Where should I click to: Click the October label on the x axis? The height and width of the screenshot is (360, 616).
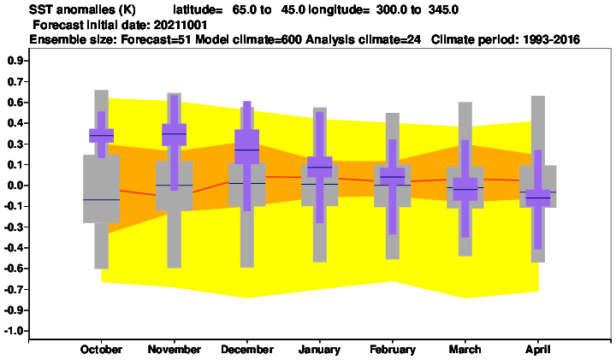tap(101, 350)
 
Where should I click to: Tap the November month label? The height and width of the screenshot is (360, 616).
tap(174, 350)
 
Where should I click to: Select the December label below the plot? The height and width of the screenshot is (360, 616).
tap(247, 350)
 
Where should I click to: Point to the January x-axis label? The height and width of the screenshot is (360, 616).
tap(319, 350)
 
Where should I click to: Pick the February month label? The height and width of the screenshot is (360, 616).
tap(393, 350)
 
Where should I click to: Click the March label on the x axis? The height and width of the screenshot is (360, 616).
tap(465, 350)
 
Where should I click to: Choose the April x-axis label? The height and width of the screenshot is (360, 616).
tap(538, 350)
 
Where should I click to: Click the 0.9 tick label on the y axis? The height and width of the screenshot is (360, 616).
tap(15, 61)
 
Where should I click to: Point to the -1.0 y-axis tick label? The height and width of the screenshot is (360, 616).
tap(15, 331)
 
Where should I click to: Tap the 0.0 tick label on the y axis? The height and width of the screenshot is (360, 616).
tap(15, 186)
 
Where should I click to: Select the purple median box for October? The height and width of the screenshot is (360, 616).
tap(101, 135)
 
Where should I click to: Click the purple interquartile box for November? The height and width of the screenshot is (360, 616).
tap(174, 134)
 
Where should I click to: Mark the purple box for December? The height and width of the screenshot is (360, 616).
tap(246, 146)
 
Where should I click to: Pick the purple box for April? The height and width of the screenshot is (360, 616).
tap(538, 198)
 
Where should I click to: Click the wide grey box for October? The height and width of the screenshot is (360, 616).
tap(101, 189)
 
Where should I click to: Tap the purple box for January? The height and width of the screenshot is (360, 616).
tap(319, 167)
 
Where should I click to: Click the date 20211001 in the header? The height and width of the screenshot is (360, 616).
tap(181, 25)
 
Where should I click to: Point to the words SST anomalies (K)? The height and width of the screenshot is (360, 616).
tap(82, 9)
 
